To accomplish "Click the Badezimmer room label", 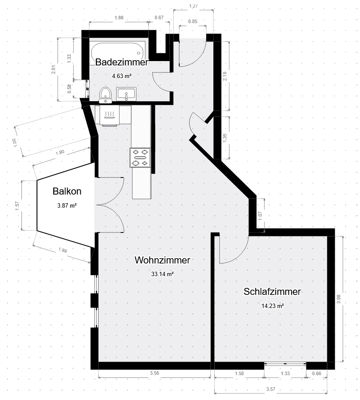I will coord(122,62).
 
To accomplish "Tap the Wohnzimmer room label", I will coord(162,260).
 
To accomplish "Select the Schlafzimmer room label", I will coord(272,292).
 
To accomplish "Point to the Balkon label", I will coord(67,191).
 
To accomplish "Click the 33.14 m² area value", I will coord(162,274).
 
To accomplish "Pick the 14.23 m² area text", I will coord(272,306).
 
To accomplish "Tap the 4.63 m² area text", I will coord(122,75).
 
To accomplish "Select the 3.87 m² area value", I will coord(67,205).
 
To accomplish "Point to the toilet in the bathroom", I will coord(105,94).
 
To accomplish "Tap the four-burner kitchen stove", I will coord(141,157).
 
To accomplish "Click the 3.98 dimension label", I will coord(339,299).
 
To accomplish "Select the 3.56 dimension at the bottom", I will coord(154,373).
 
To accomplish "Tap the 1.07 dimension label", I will coord(260,215).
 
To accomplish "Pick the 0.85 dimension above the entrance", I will coord(192,21).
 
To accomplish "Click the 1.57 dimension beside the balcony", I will coord(17,205).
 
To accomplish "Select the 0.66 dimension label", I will coord(317,373).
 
